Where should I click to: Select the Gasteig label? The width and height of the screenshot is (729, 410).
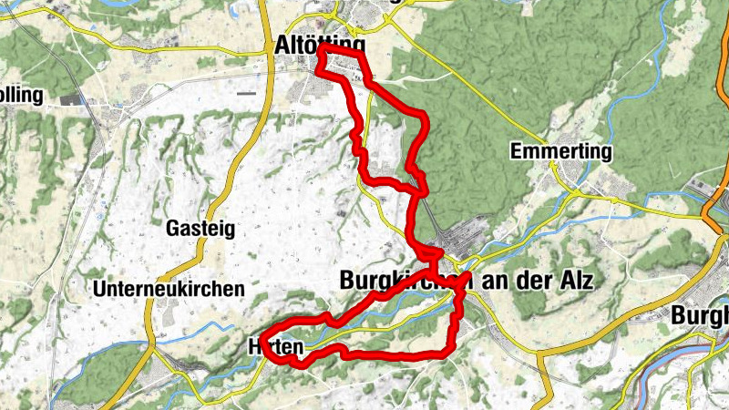tap(200, 228)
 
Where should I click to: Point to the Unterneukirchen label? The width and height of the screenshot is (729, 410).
tap(169, 289)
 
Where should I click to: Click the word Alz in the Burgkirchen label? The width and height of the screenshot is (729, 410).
tap(573, 282)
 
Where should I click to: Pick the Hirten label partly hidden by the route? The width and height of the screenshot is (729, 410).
tap(273, 347)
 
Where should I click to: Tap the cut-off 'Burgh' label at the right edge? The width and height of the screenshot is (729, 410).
tap(700, 315)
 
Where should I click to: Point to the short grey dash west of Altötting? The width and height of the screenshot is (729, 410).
tap(246, 93)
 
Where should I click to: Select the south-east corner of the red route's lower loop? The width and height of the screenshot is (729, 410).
tap(447, 352)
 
